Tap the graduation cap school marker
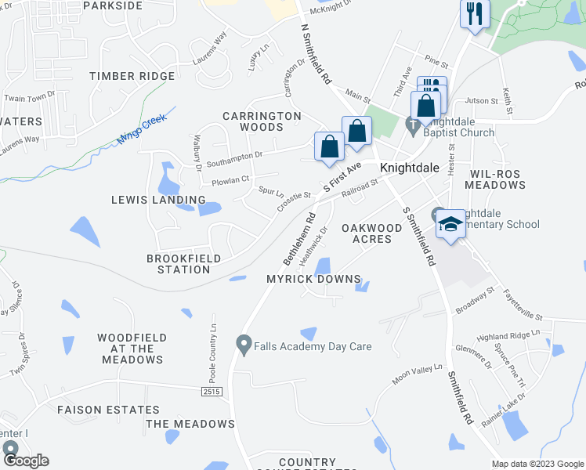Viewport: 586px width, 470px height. pos(450,225)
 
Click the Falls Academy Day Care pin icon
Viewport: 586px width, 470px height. pos(244,344)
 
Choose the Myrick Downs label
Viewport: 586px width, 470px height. pos(313,279)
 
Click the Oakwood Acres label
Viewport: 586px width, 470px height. pos(366,233)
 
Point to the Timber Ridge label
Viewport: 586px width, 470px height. pos(132,76)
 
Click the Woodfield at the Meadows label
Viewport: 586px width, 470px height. pos(131,349)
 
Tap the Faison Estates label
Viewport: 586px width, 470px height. pos(108,410)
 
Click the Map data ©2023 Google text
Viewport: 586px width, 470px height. pos(537,464)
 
